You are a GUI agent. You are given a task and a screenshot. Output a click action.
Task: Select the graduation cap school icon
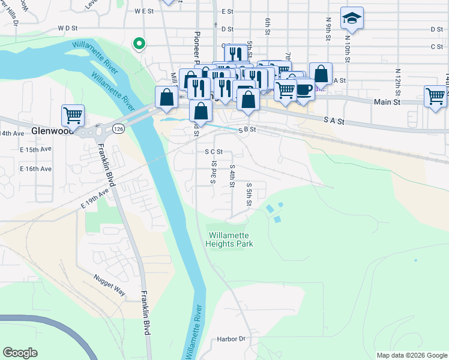pyautogui.click(x=352, y=19)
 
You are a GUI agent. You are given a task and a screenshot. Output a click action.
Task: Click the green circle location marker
pyautogui.click(x=139, y=43)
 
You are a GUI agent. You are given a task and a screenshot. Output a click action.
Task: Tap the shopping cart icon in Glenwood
pyautogui.click(x=73, y=114)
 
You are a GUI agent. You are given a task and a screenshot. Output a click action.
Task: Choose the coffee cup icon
pyautogui.click(x=304, y=89)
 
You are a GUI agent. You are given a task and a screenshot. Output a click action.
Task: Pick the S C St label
pyautogui.click(x=214, y=152)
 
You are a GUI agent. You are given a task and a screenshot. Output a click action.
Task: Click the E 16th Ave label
pyautogui.click(x=36, y=169)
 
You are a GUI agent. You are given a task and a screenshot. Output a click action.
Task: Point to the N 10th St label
pyautogui.click(x=347, y=49)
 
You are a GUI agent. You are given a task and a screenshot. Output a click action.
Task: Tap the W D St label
pyautogui.click(x=68, y=28)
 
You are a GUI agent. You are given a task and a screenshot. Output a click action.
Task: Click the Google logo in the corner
pyautogui.click(x=20, y=353)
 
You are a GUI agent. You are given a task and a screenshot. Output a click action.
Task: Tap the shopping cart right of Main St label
pyautogui.click(x=435, y=96)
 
